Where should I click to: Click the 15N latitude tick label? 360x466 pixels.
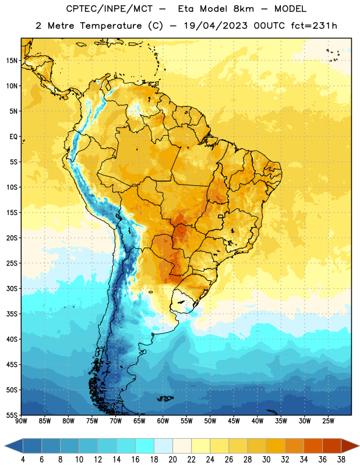coord(12,61)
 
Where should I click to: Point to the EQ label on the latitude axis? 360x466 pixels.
coord(13,137)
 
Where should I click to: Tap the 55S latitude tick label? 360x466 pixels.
coord(12,415)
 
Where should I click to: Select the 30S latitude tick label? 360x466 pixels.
coord(12,288)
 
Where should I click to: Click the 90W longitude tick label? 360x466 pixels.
coord(21,421)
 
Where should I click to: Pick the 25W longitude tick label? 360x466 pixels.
coord(328,421)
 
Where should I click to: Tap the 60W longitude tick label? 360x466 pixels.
coord(163,421)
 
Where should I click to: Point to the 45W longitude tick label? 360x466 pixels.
coord(234,421)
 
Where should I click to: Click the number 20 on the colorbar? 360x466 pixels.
coord(172,460)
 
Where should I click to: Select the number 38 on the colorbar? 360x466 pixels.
coord(341,460)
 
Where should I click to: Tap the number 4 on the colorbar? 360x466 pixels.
coord(23,460)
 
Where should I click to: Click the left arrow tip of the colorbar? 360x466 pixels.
coord(5,446)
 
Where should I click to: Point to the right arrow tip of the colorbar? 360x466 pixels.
coord(359,446)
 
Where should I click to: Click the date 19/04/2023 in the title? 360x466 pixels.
coord(216,26)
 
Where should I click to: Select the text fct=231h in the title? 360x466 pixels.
coord(314,26)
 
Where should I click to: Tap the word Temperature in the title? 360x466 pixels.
coord(111,26)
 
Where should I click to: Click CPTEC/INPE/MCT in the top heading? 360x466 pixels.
coord(109,9)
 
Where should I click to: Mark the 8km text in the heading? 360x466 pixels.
coord(243,9)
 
